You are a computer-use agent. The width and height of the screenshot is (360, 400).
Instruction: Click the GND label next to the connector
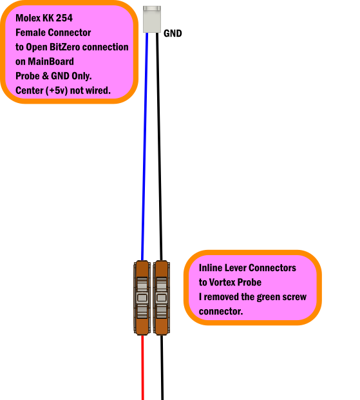click(173, 33)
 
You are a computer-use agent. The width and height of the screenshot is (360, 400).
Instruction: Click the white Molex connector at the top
click(152, 19)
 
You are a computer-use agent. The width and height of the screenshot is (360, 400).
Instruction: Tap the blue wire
click(145, 146)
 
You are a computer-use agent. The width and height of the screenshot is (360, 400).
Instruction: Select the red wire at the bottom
click(142, 368)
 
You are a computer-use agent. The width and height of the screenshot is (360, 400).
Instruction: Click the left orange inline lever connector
click(142, 298)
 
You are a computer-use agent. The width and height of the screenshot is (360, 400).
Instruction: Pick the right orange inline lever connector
click(161, 298)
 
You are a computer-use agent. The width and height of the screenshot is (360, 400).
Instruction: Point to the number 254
click(64, 18)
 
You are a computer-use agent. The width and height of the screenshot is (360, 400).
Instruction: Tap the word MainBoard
click(51, 62)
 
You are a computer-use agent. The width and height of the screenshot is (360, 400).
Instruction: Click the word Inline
click(209, 268)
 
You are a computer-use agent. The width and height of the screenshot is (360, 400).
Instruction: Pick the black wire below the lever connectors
click(162, 368)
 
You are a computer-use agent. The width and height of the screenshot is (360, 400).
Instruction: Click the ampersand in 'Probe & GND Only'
click(45, 76)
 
